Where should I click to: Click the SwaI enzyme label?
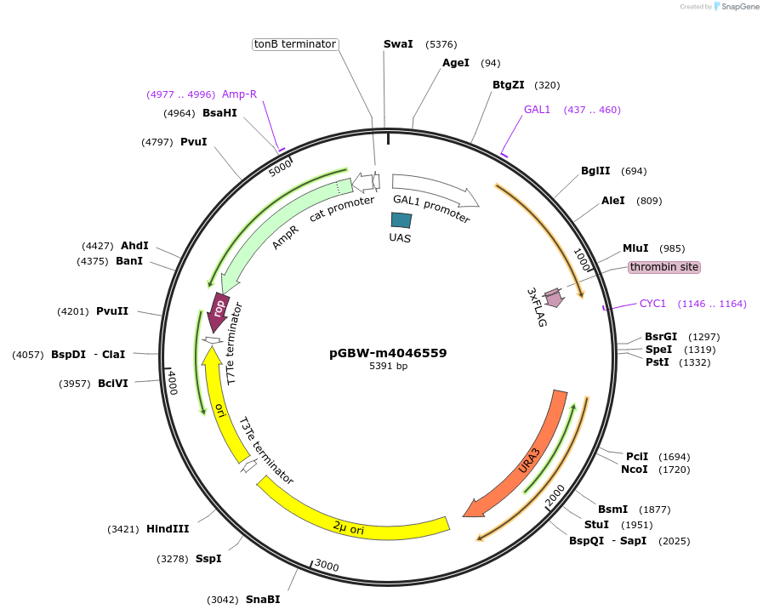point(397,44)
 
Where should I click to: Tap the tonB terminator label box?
point(295,44)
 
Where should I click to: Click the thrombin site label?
point(664,267)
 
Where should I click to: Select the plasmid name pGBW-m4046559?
point(388,353)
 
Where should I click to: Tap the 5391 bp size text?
point(388,367)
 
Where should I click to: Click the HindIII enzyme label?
point(168,529)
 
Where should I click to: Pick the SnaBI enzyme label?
point(263,600)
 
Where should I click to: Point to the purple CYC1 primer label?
point(652,303)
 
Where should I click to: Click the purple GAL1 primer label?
point(537,110)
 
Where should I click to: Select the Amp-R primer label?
point(239,94)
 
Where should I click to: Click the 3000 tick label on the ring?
point(327,566)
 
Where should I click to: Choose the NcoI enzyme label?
point(634,470)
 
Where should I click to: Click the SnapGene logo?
point(737,7)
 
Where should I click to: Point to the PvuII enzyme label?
point(112,311)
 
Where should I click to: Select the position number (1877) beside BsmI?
point(654,510)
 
